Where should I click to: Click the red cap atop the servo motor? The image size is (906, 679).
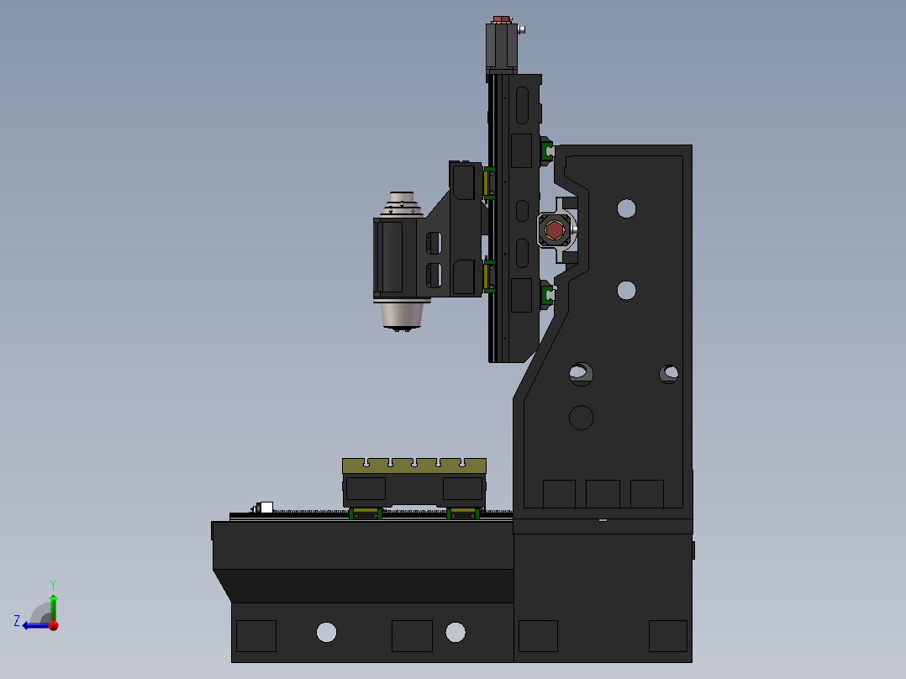click(x=501, y=18)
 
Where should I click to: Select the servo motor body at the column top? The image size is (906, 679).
click(x=501, y=46)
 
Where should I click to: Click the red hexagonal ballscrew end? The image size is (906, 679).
click(x=554, y=229)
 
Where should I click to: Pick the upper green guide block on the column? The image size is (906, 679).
click(x=546, y=151)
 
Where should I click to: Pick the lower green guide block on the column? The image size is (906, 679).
click(x=546, y=294)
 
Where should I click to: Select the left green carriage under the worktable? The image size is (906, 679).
click(x=366, y=513)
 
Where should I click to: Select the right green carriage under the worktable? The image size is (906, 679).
click(x=463, y=513)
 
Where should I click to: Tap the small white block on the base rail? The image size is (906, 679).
click(x=266, y=508)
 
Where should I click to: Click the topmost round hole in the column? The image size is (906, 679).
click(x=626, y=208)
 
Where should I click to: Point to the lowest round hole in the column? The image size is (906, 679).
click(x=581, y=417)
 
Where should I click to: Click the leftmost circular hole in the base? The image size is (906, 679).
click(x=326, y=632)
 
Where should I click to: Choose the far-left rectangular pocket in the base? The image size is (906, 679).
click(x=255, y=635)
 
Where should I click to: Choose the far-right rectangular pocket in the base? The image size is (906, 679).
click(x=667, y=635)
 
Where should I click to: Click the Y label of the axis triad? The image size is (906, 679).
click(x=52, y=583)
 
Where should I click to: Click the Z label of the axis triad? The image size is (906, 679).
click(x=17, y=621)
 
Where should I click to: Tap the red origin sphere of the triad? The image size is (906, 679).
click(x=53, y=624)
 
